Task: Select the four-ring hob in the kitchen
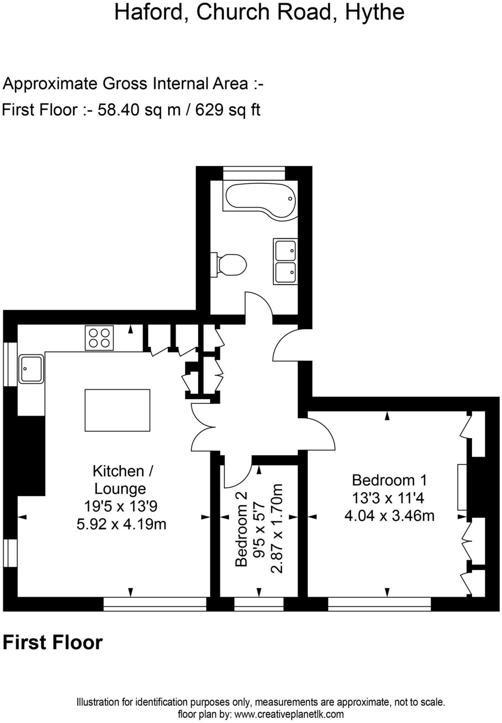point(99,338)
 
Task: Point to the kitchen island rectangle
point(117,410)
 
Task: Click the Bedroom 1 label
point(389,480)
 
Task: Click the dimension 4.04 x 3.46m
point(389,516)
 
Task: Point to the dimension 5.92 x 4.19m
point(121,524)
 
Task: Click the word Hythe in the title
point(375,12)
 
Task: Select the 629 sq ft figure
point(228,110)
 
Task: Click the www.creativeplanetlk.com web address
point(289,714)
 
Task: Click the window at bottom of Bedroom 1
point(380,604)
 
